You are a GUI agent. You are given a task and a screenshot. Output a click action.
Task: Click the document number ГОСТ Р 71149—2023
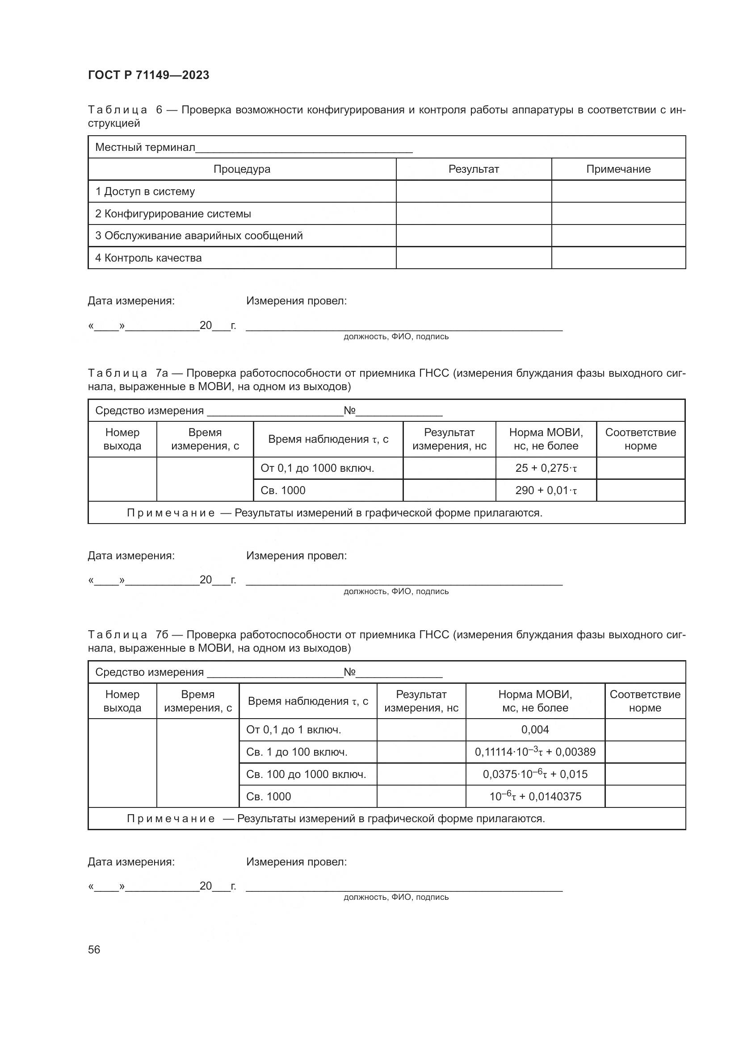[x=148, y=75]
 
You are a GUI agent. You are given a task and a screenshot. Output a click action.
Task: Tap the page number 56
[x=94, y=949]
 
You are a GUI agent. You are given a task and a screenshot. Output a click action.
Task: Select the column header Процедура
[x=242, y=169]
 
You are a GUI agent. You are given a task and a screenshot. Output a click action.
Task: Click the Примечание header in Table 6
[x=618, y=169]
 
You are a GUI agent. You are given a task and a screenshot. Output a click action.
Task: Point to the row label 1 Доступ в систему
[x=145, y=191]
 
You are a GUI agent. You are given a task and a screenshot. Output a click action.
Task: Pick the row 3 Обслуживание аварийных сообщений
[x=199, y=236]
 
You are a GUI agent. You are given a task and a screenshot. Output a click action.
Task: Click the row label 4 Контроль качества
[x=148, y=258]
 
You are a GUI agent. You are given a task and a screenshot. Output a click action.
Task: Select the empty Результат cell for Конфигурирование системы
[x=473, y=213]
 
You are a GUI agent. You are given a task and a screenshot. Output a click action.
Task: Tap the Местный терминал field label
[x=145, y=147]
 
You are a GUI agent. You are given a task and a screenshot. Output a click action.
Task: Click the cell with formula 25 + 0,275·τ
[x=546, y=468]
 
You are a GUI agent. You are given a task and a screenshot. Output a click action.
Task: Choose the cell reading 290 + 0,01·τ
[x=546, y=490]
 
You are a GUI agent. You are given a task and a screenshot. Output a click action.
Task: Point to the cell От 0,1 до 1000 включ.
[x=317, y=468]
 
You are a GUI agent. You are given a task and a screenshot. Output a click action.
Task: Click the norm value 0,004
[x=535, y=730]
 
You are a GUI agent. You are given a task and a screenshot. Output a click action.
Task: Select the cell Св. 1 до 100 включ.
[x=297, y=752]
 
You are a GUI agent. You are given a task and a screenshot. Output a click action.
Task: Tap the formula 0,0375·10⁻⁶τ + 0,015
[x=535, y=774]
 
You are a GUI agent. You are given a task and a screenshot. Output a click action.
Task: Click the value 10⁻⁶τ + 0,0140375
[x=535, y=796]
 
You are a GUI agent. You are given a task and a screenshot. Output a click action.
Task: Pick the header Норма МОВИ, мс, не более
[x=535, y=701]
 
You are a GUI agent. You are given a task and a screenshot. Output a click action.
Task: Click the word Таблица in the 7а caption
[x=118, y=373]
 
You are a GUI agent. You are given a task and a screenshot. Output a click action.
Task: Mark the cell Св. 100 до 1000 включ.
[x=306, y=774]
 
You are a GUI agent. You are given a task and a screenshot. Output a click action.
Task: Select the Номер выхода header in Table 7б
[x=122, y=701]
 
